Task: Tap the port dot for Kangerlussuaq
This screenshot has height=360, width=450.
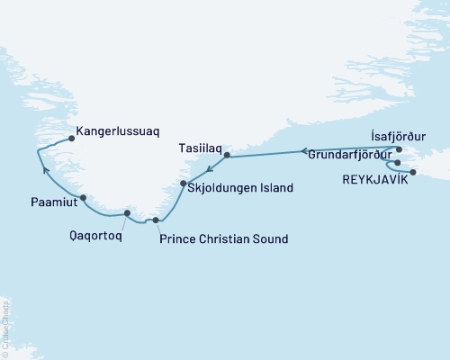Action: (x=71, y=139)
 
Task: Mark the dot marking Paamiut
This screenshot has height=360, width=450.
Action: (x=83, y=198)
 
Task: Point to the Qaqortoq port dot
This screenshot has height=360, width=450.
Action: (x=127, y=213)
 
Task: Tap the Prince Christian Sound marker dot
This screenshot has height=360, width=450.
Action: (x=157, y=220)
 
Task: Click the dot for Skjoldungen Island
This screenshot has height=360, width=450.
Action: (x=184, y=184)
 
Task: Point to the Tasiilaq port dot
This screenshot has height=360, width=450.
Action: (x=227, y=156)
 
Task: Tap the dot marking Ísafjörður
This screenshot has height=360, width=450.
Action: (x=400, y=148)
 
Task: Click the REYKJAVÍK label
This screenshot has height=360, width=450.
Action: (x=375, y=180)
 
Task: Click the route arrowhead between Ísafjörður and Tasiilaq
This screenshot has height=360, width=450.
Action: (x=303, y=151)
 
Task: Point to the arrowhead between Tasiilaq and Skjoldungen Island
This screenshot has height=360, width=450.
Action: (x=207, y=169)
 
